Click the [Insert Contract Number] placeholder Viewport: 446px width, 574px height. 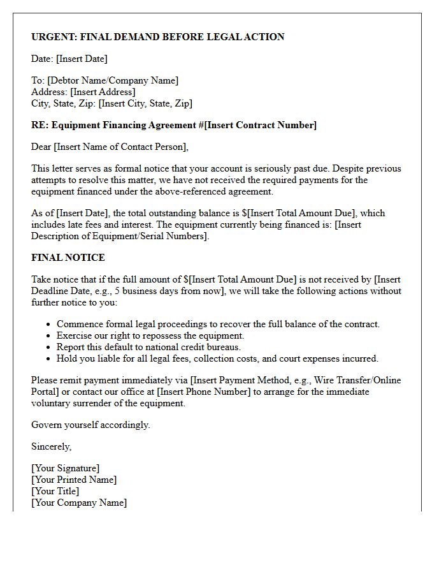point(260,125)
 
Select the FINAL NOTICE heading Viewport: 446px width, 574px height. point(68,258)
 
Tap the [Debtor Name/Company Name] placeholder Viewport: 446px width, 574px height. point(113,80)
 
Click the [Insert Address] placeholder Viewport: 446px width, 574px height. point(103,92)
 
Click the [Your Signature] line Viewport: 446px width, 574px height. point(66,468)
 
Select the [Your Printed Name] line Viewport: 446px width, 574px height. point(74,480)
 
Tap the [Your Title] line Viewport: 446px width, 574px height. point(55,491)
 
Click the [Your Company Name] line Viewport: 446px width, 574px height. point(79,503)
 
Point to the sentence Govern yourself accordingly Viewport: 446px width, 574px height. point(90,425)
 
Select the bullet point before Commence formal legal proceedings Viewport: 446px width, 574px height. point(48,325)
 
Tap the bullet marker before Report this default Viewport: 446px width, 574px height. point(48,348)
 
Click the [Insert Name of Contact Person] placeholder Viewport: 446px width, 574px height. point(122,147)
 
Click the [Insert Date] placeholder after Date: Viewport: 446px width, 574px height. point(82,59)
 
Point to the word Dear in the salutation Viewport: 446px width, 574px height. point(41,147)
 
